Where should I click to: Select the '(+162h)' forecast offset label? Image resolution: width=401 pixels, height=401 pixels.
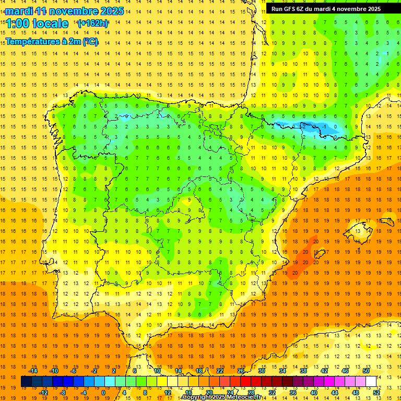pyautogui.click(x=92, y=23)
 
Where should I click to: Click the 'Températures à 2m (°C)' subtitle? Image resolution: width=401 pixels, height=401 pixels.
pyautogui.click(x=52, y=42)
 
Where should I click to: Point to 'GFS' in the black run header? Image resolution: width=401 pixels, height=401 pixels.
pyautogui.click(x=290, y=9)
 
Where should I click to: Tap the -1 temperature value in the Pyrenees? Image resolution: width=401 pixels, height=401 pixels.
pyautogui.click(x=325, y=127)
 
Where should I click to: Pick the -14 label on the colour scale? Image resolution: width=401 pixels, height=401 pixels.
pyautogui.click(x=33, y=371)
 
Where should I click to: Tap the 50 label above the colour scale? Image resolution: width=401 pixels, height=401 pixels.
pyautogui.click(x=365, y=371)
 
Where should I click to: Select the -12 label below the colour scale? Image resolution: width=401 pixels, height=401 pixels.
pyautogui.click(x=44, y=393)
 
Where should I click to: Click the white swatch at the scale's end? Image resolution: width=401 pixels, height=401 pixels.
pyautogui.click(x=371, y=382)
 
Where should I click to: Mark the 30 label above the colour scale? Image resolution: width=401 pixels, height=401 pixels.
pyautogui.click(x=261, y=371)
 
